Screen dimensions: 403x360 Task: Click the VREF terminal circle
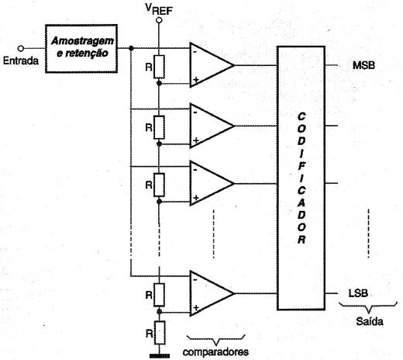pyautogui.click(x=159, y=20)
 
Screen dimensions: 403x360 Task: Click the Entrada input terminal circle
pyautogui.click(x=21, y=48)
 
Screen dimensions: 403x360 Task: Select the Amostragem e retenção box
pyautogui.click(x=81, y=49)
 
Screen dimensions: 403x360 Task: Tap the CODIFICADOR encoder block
pyautogui.click(x=301, y=178)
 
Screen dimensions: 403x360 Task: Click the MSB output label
pyautogui.click(x=363, y=65)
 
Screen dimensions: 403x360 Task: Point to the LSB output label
pyautogui.click(x=358, y=293)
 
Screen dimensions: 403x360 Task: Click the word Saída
pyautogui.click(x=370, y=321)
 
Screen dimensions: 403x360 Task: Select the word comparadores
pyautogui.click(x=215, y=352)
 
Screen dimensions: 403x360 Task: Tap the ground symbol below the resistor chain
pyautogui.click(x=160, y=356)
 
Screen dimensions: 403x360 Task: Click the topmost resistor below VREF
pyautogui.click(x=159, y=67)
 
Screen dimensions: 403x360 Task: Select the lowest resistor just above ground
pyautogui.click(x=160, y=333)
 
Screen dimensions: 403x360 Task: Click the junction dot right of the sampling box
pyautogui.click(x=131, y=48)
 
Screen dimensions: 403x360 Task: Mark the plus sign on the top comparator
pyautogui.click(x=196, y=80)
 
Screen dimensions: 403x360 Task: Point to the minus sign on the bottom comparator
pyautogui.click(x=195, y=280)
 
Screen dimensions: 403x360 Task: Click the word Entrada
pyautogui.click(x=21, y=61)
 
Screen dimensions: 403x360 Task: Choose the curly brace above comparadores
pyautogui.click(x=215, y=340)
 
